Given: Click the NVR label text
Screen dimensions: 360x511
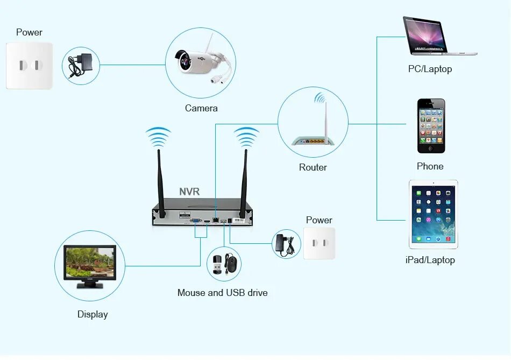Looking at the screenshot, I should tap(189, 192).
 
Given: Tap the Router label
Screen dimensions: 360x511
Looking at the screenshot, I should tap(313, 167).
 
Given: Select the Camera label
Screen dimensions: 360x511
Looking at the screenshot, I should tap(201, 108).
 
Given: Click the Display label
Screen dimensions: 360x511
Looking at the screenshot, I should tap(93, 314).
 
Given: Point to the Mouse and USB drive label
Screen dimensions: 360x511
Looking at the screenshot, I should tap(222, 293).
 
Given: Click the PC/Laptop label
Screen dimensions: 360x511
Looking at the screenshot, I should tap(430, 69).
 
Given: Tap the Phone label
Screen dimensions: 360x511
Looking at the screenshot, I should tap(430, 166).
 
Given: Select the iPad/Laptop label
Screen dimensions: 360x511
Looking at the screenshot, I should tap(430, 260).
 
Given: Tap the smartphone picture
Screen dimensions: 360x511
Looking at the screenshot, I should tap(431, 126).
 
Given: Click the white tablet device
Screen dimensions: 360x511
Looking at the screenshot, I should tap(433, 214).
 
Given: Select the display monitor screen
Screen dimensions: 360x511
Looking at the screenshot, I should tap(90, 264).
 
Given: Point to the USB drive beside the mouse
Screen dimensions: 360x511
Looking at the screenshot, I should tap(216, 265).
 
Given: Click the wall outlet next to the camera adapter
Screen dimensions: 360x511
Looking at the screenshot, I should tap(30, 66).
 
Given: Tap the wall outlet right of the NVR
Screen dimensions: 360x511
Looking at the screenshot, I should tap(319, 243).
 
